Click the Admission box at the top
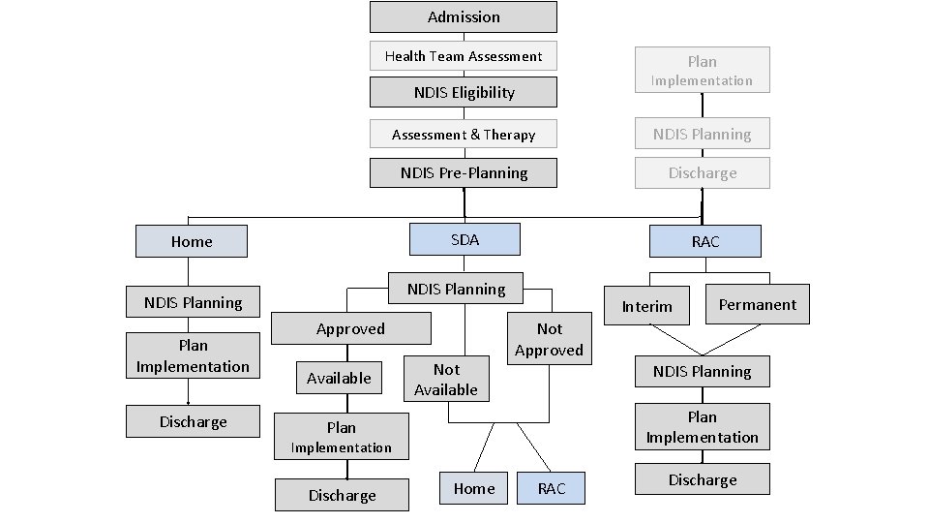tap(464, 17)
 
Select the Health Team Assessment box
tap(464, 56)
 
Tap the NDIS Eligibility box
tap(464, 93)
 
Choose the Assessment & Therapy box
tap(464, 135)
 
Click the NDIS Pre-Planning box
tap(464, 173)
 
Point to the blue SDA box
tap(464, 239)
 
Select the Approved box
tap(350, 329)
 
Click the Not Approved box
tap(549, 339)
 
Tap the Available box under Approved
tap(339, 378)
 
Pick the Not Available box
tap(446, 380)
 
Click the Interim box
tap(646, 306)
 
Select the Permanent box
tap(757, 304)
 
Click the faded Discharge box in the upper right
tap(703, 173)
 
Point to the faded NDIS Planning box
tap(703, 135)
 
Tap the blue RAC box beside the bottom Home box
tap(552, 489)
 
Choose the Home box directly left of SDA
tap(192, 242)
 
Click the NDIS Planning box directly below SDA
tap(456, 289)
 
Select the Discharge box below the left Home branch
tap(193, 422)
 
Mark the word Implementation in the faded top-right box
tap(703, 81)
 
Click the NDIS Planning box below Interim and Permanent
tap(703, 372)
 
